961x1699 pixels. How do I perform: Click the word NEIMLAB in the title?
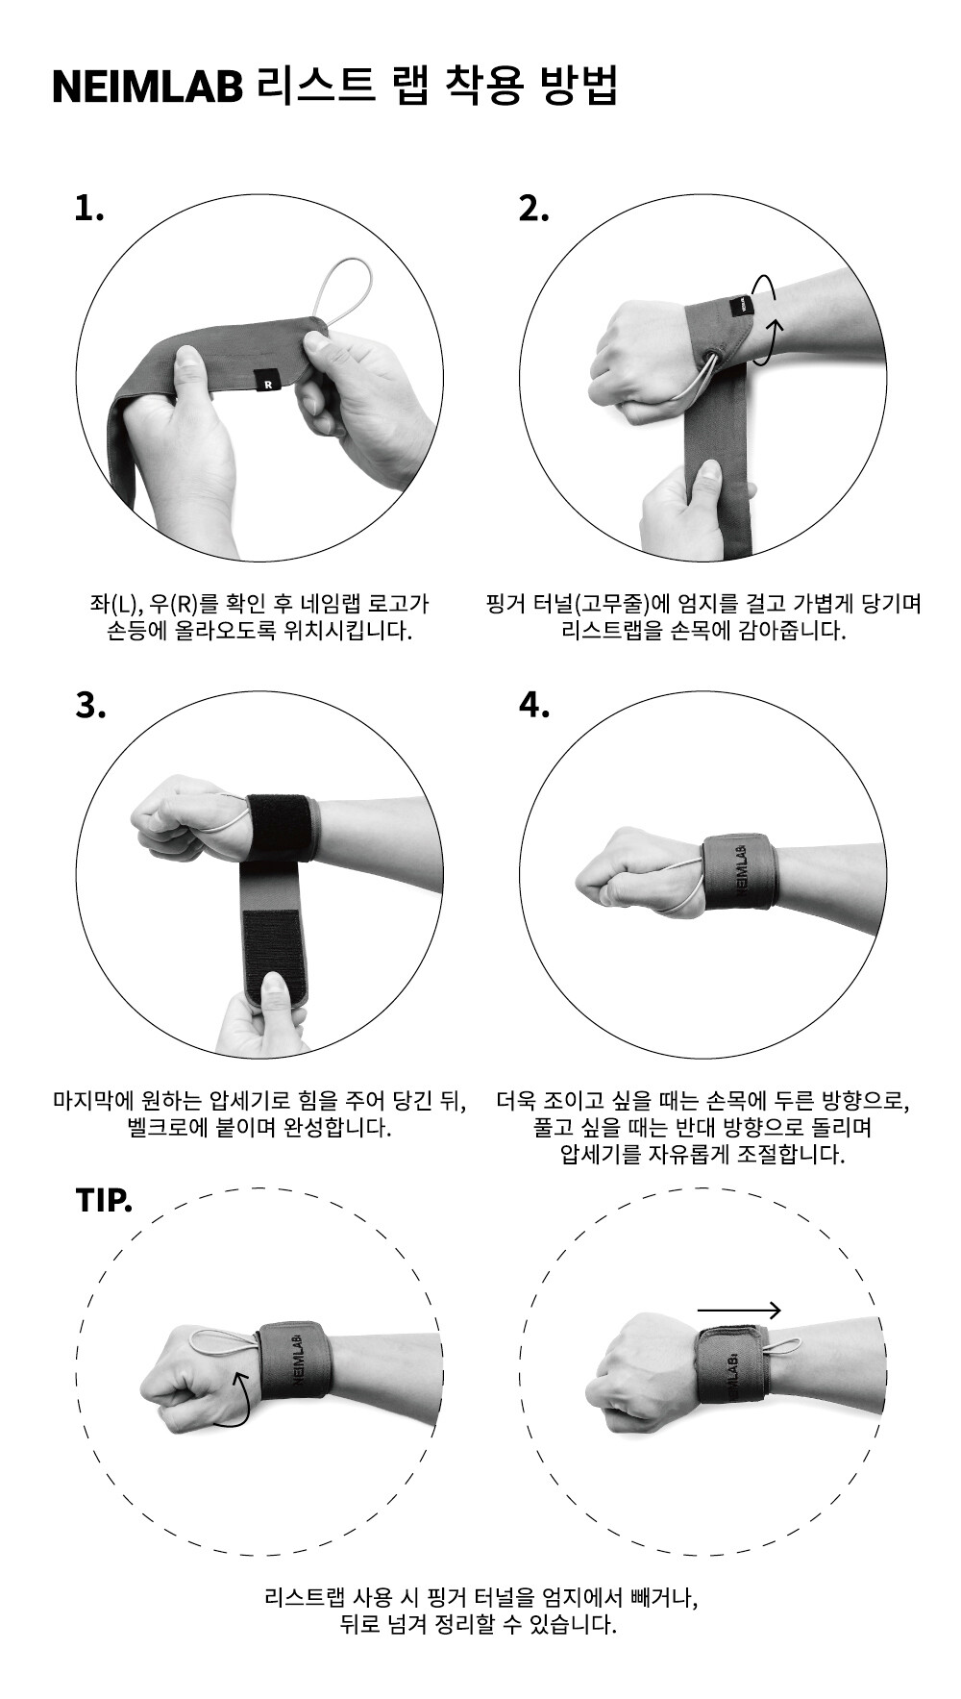tap(148, 87)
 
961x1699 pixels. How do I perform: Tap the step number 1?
tap(88, 208)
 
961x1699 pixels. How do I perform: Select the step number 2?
tap(533, 208)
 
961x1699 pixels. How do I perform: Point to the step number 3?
tap(89, 705)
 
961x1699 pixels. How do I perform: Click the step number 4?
tap(534, 705)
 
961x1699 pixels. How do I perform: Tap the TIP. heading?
tap(104, 1201)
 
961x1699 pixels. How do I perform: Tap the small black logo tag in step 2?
tap(745, 306)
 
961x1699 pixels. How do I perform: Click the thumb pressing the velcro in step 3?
tap(276, 1000)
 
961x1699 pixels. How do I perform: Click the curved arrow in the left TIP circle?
tap(238, 1395)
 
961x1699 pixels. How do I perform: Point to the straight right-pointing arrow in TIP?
tap(739, 1310)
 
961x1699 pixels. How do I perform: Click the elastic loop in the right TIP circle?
tap(783, 1347)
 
